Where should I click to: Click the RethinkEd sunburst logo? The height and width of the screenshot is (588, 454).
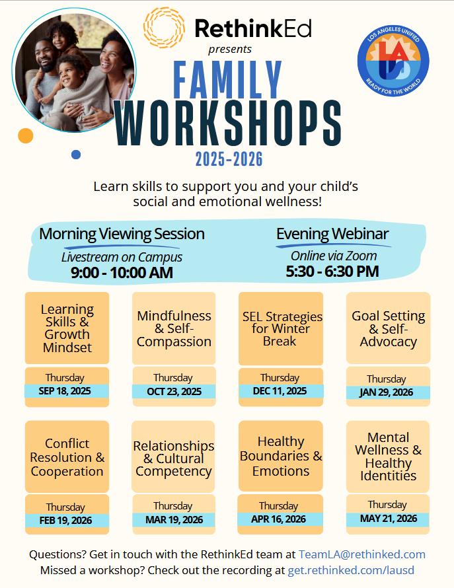click(164, 28)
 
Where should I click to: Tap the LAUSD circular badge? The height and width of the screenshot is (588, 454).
click(393, 61)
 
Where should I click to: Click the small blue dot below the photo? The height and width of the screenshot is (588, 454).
click(76, 155)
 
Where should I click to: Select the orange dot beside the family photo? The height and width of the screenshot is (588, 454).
click(26, 135)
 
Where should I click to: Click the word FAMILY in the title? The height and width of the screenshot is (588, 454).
click(228, 80)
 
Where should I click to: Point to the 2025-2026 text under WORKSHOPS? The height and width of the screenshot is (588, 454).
click(229, 159)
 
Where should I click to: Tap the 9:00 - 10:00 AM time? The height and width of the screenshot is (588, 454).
click(122, 273)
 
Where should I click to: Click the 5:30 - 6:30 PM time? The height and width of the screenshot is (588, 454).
click(332, 271)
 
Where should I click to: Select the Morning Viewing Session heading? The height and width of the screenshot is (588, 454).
click(122, 234)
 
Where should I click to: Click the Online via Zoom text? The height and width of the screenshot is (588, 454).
click(334, 256)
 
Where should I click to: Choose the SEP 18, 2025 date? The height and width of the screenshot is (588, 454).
click(65, 391)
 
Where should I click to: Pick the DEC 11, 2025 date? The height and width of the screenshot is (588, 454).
click(280, 391)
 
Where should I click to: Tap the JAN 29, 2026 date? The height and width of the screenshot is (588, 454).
click(386, 392)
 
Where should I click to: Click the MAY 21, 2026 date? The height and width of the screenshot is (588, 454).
click(389, 519)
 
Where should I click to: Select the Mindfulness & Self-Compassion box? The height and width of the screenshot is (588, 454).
click(174, 328)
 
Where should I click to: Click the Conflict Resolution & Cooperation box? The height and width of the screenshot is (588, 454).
click(67, 457)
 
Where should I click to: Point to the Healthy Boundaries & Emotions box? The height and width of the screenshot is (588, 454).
click(281, 456)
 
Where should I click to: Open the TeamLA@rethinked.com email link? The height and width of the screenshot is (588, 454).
click(361, 554)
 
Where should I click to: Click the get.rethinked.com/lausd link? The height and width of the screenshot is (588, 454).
click(351, 570)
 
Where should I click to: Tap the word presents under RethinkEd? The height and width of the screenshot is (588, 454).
click(229, 50)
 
